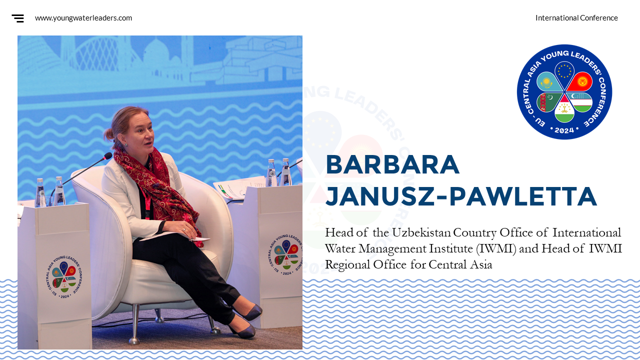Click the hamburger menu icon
point(17,18)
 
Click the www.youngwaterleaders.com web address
point(83,18)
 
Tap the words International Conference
point(576,18)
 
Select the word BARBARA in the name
point(392,165)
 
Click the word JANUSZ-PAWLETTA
point(461,196)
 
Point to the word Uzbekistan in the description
point(421,232)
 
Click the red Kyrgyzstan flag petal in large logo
point(580,82)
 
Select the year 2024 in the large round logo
point(564,130)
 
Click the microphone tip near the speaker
point(108,156)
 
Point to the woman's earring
point(126,145)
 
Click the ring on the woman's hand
point(184,229)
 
